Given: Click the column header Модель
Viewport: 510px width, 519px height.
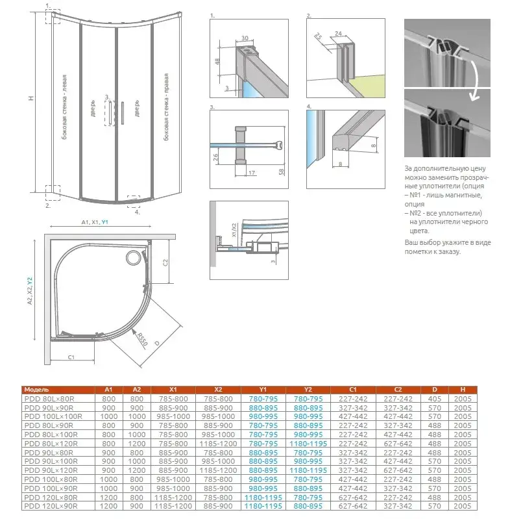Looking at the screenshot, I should pos(36,389).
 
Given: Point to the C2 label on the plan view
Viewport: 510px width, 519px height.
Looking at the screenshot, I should pos(165,262).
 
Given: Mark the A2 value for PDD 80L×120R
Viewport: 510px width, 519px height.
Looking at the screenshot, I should pos(137,443).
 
